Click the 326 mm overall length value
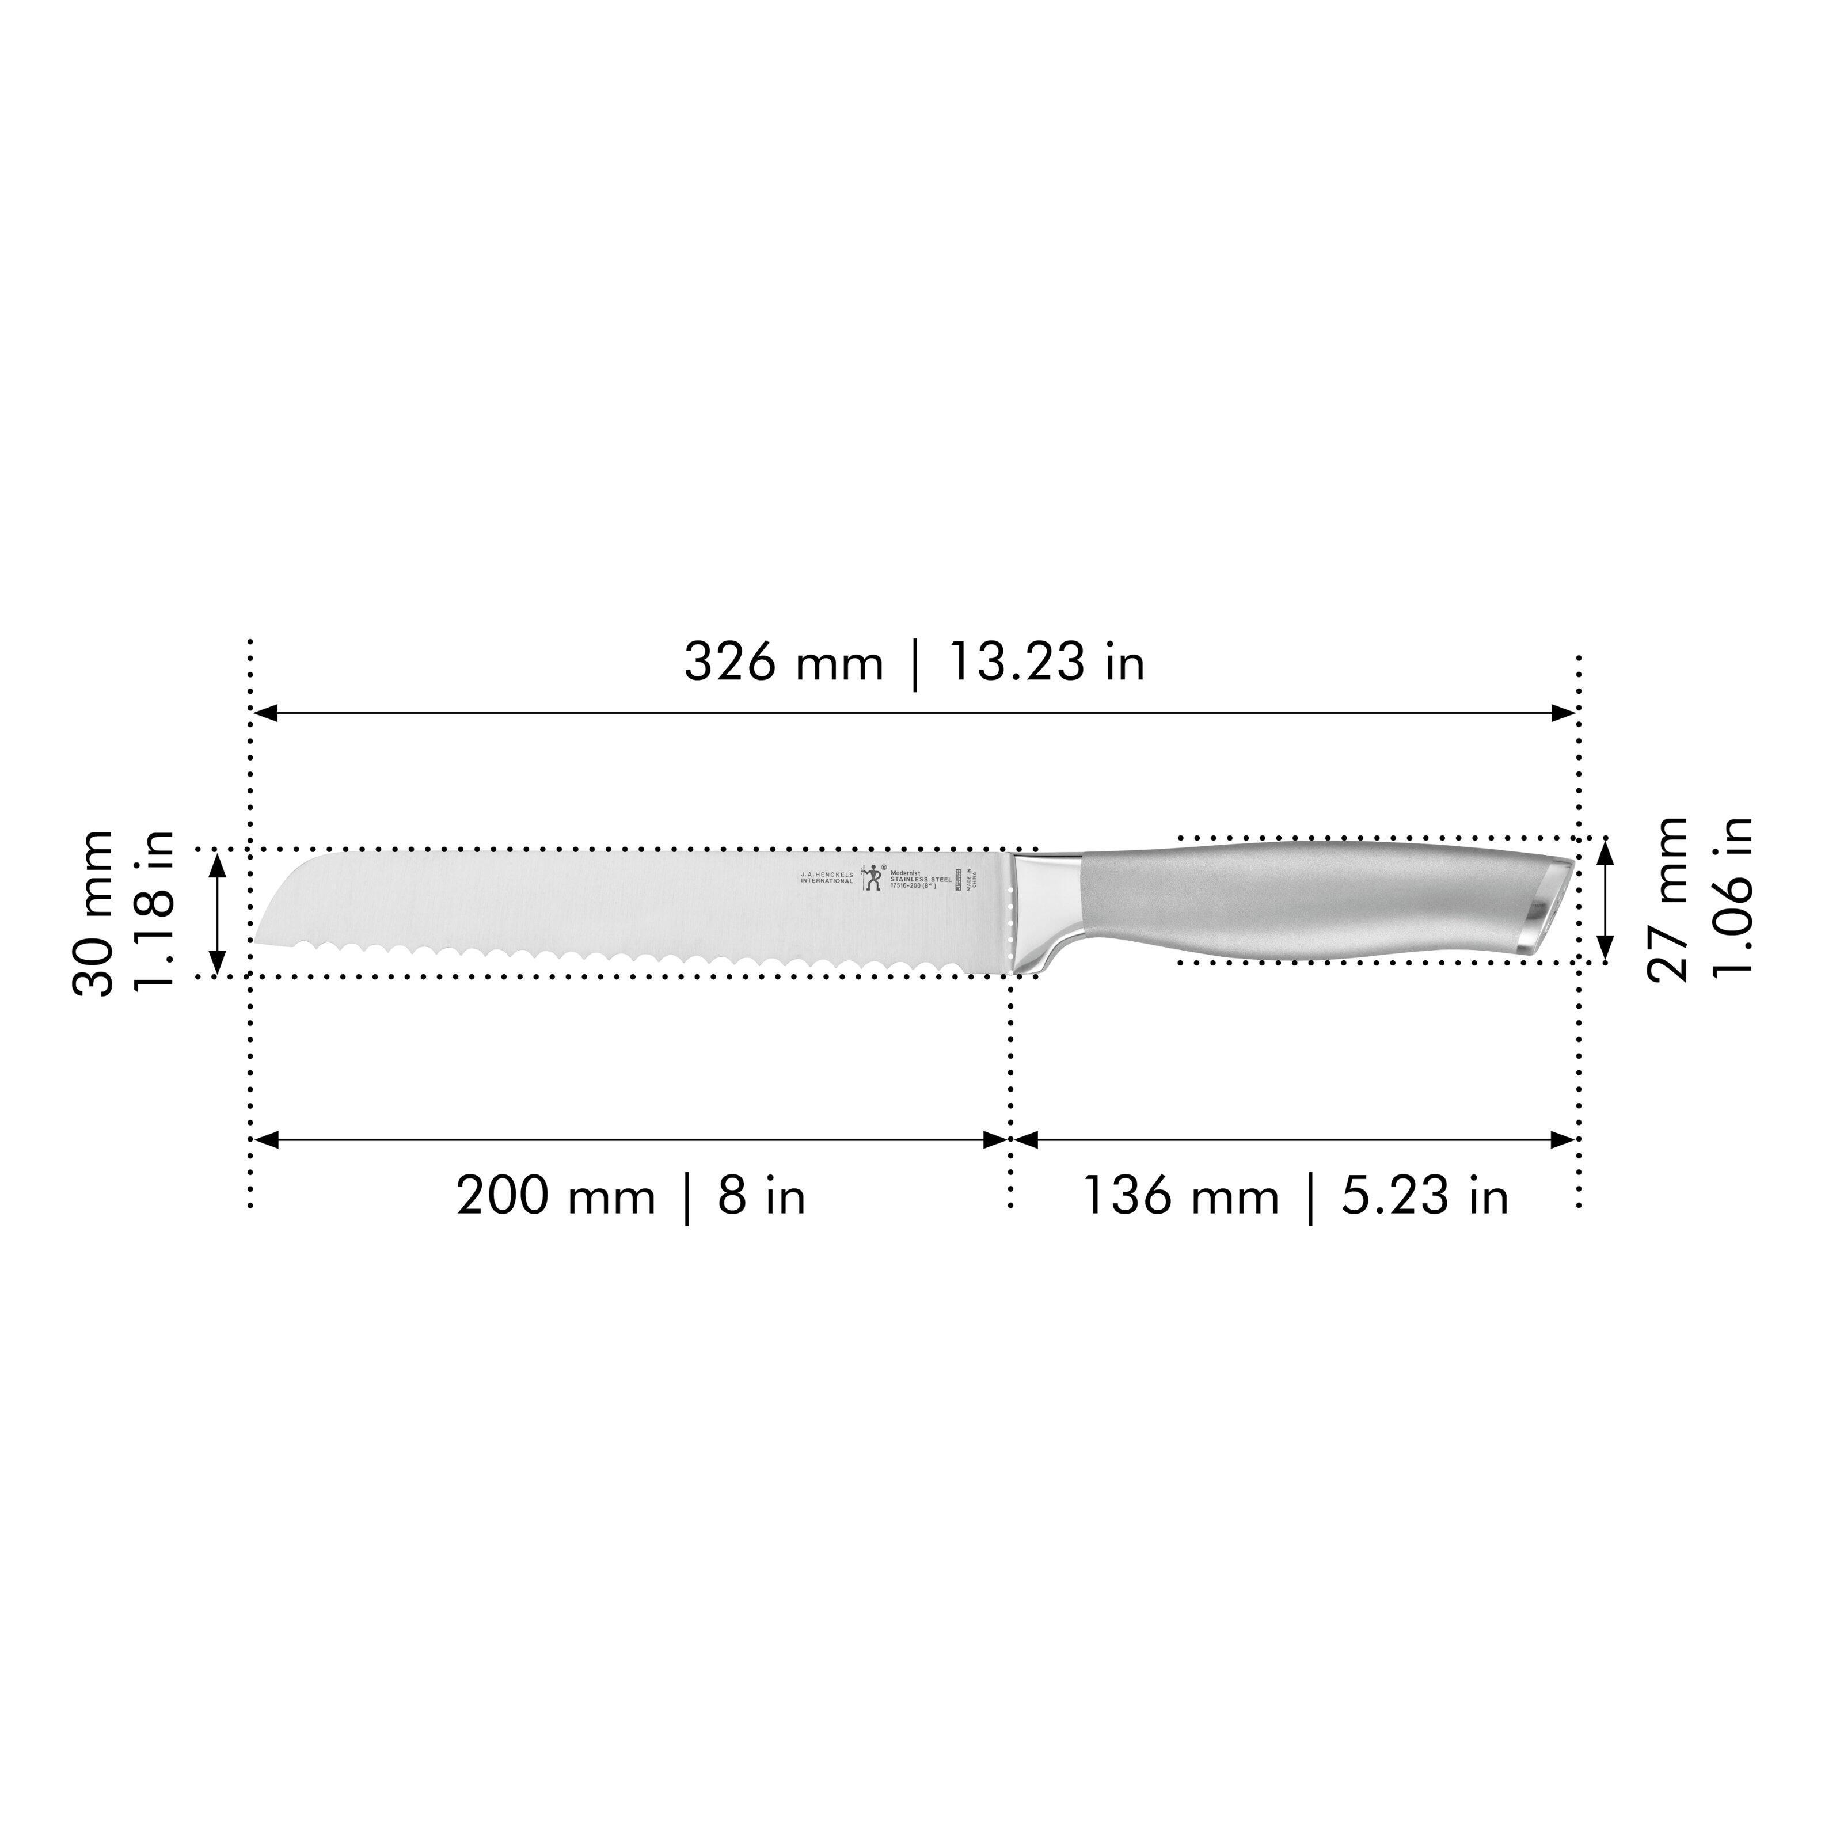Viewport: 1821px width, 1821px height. pos(782,663)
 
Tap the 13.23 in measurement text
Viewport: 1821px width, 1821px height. pos(1046,663)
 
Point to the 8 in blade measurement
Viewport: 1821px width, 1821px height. pos(762,1197)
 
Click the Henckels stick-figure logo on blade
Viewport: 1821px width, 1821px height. pos(871,877)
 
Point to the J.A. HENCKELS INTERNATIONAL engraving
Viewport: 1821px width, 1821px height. pos(827,877)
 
